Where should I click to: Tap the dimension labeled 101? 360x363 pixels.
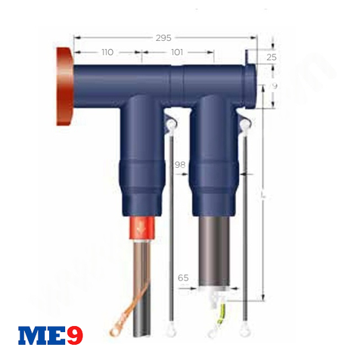tap(177, 53)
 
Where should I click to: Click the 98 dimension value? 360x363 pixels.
tap(180, 164)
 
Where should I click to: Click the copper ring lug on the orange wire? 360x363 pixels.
tap(116, 330)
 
